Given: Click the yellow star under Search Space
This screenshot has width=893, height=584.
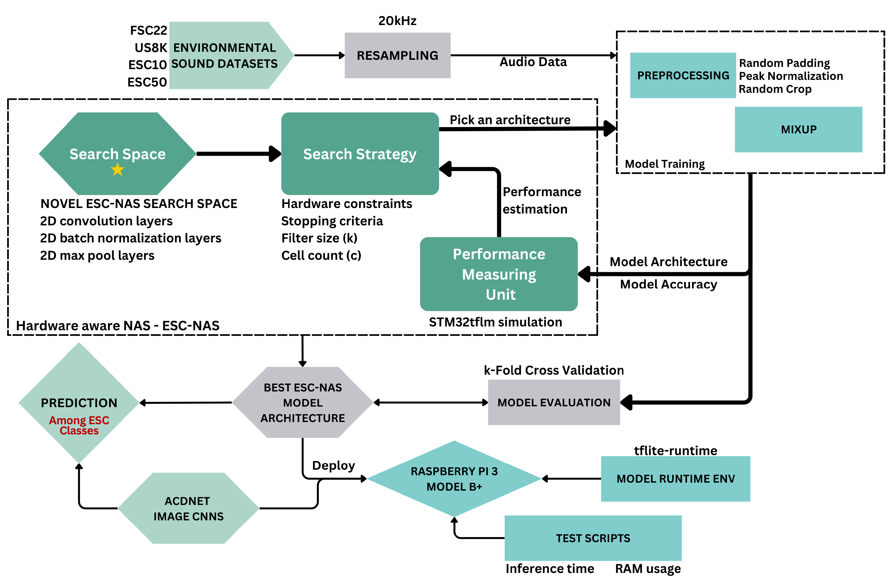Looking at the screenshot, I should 117,170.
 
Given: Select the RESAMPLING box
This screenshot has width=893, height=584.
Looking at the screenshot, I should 397,56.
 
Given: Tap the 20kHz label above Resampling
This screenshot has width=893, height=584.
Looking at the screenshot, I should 397,21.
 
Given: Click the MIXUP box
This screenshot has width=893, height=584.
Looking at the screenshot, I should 798,129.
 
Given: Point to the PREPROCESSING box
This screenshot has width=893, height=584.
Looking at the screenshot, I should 683,75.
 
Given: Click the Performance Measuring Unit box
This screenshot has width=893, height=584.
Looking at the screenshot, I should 499,274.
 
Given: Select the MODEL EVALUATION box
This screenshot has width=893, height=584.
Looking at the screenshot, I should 553,402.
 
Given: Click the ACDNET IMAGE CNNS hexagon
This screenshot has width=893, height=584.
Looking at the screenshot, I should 188,508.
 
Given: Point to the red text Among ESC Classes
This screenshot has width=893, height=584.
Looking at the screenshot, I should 79,425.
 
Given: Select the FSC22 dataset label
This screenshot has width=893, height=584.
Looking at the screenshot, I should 149,30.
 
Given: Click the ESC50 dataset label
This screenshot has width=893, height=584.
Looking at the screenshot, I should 147,82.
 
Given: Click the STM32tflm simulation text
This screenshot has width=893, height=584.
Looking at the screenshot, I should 495,322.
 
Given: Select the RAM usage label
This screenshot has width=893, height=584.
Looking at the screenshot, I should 648,569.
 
